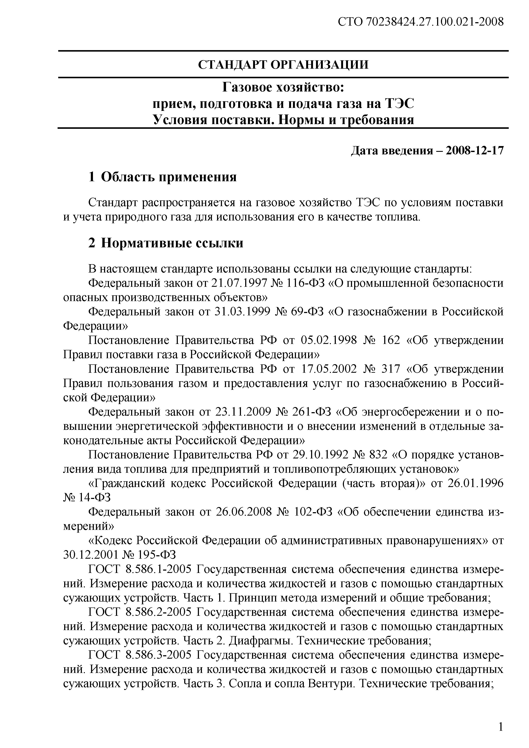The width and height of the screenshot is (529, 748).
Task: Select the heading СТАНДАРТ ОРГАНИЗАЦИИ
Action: pos(283,65)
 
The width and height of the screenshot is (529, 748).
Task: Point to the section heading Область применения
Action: pos(168,177)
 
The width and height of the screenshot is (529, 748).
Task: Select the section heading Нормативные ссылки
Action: pos(172,243)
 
